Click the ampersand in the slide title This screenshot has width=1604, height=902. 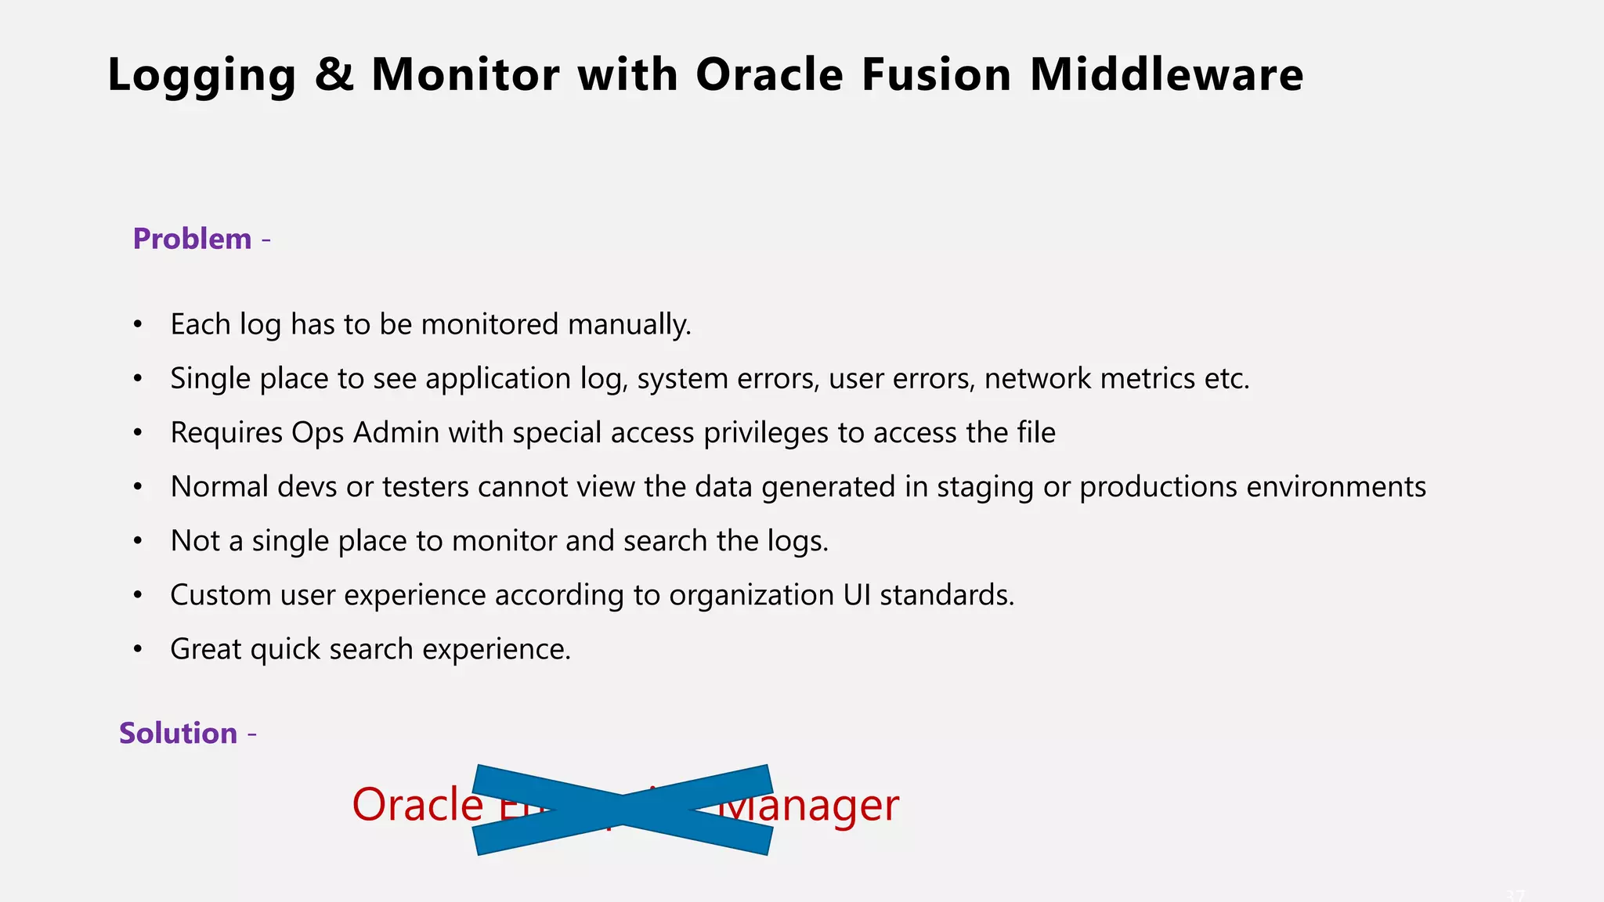point(334,75)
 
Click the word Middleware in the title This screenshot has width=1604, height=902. point(1166,75)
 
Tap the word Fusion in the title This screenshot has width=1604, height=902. point(937,75)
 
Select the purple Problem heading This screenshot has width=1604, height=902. point(193,239)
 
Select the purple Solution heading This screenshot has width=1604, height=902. point(179,734)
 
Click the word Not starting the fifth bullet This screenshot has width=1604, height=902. point(195,541)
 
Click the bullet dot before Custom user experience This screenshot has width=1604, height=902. point(138,596)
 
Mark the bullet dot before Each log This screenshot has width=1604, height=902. point(138,325)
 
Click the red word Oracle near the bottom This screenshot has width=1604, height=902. point(417,805)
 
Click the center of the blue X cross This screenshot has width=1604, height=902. point(623,810)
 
